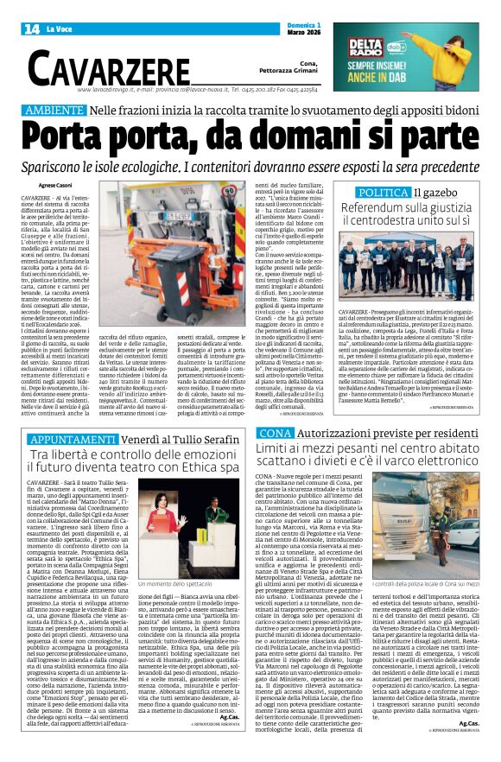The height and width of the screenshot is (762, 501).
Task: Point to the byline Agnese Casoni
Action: coord(54,185)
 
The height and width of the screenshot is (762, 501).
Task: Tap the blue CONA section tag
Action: coord(275,431)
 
